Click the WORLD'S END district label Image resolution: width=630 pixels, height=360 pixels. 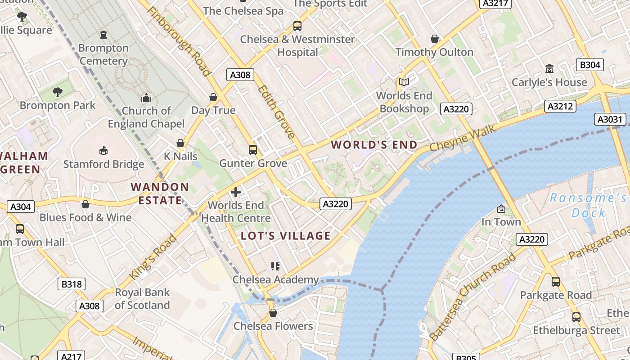[374, 145]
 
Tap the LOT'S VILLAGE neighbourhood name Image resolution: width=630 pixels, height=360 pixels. [286, 236]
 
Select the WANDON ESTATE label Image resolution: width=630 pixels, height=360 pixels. [160, 193]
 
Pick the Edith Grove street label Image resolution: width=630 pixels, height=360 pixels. [277, 112]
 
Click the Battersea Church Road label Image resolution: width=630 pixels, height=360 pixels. [472, 297]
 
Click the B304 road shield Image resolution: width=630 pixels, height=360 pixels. [590, 65]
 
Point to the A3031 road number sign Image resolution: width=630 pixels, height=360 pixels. [610, 119]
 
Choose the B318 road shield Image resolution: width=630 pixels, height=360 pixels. [72, 284]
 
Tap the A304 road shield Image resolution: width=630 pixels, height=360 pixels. [21, 207]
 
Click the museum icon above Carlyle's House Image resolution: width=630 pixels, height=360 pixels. [549, 69]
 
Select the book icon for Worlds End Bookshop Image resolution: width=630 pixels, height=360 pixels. [404, 82]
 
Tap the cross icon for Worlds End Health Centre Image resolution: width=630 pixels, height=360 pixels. [235, 193]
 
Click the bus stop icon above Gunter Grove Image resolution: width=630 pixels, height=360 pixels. [253, 150]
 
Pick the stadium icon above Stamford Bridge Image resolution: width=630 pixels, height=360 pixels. [103, 150]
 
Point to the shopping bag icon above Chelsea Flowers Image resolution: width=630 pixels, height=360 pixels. [273, 313]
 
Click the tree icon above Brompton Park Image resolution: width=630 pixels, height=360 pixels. [58, 92]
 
